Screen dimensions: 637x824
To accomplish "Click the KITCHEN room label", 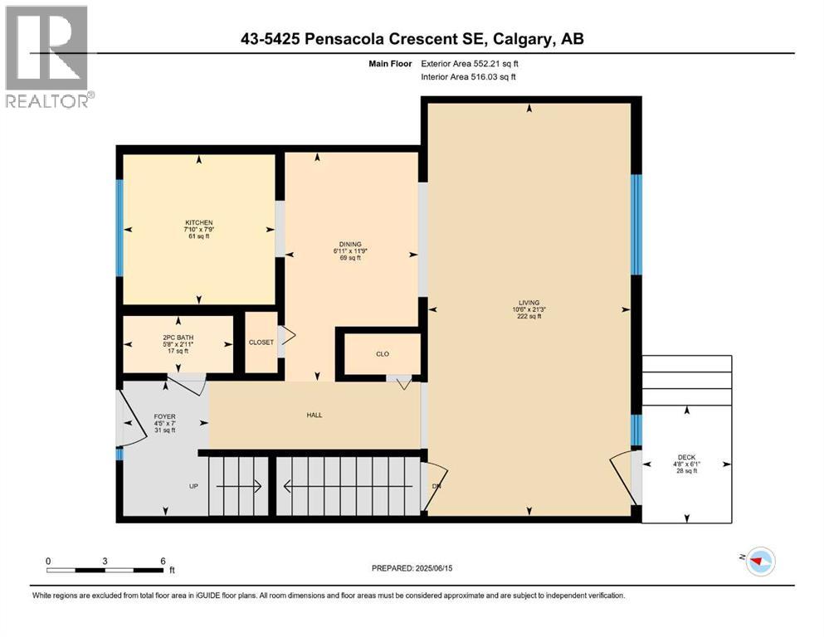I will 199,223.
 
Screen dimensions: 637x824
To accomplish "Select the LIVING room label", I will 529,303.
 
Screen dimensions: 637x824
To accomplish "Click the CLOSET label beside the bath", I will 261,343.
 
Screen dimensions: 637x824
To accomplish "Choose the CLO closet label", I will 383,354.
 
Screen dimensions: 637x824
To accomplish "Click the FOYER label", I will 164,416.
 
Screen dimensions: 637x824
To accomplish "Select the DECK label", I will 686,457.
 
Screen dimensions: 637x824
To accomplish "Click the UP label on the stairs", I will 193,486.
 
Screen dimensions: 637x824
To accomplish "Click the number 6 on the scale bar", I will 162,561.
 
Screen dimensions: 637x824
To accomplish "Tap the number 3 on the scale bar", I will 105,561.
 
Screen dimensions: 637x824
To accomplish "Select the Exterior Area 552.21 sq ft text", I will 473,63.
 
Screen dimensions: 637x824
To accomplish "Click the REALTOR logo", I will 48,57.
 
